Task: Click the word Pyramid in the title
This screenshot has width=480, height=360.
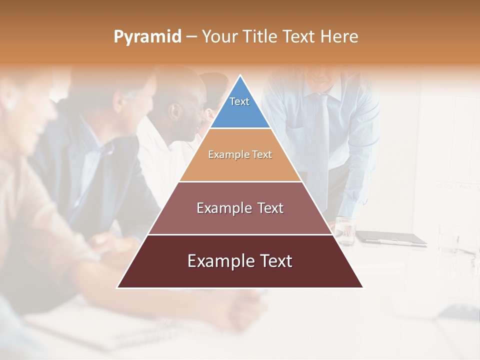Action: (147, 36)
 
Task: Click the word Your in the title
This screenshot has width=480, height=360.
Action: (219, 36)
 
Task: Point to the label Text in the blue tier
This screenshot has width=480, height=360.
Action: (239, 101)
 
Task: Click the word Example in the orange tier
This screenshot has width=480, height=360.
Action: (224, 154)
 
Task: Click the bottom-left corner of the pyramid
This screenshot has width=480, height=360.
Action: (118, 287)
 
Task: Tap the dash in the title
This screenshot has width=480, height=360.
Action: (191, 37)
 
